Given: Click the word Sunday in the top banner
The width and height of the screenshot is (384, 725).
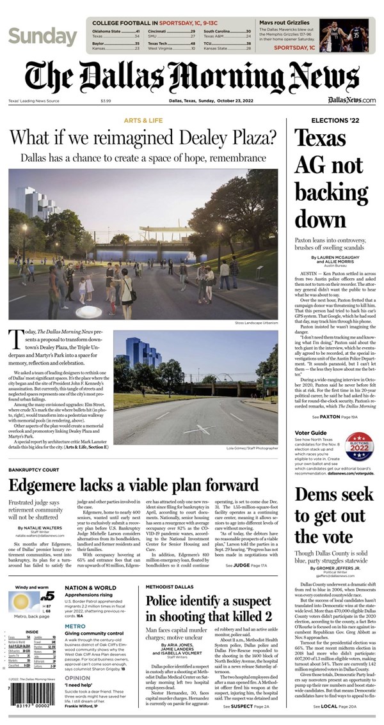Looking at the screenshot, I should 42,36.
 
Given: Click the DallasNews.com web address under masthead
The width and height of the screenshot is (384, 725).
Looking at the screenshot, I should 351,100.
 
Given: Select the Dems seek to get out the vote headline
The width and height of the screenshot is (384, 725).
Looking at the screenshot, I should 333,515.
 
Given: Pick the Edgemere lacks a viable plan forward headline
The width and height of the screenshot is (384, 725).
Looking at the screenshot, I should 133,485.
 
